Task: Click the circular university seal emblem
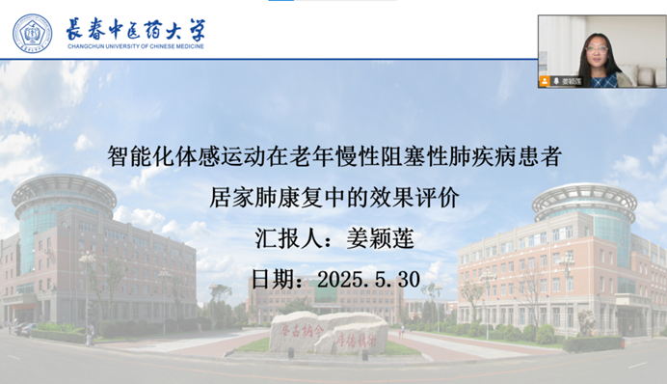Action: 32,34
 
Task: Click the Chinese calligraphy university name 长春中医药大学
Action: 135,28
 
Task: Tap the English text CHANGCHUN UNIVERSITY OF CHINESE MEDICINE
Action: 135,48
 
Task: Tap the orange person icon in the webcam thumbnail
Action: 547,82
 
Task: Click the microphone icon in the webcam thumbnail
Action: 556,82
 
